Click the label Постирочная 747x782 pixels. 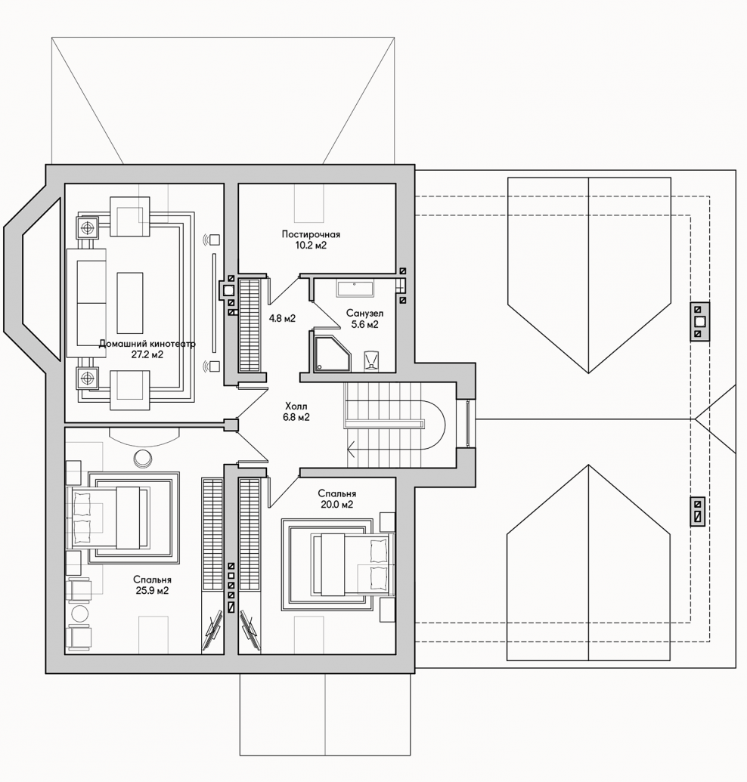coord(311,234)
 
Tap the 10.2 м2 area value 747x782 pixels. coord(311,246)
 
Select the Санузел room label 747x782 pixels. coord(364,314)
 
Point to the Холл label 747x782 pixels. coord(296,406)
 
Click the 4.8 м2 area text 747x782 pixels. coord(283,318)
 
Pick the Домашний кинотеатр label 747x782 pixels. coord(147,344)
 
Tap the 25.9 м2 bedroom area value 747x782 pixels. coord(152,591)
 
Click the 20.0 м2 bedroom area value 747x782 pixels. coord(336,504)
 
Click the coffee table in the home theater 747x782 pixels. coord(130,303)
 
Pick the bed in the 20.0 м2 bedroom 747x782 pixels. coord(352,564)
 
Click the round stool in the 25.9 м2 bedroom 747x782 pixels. coord(143,458)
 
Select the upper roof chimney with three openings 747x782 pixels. coord(699,322)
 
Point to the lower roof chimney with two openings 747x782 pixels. coord(698,512)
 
